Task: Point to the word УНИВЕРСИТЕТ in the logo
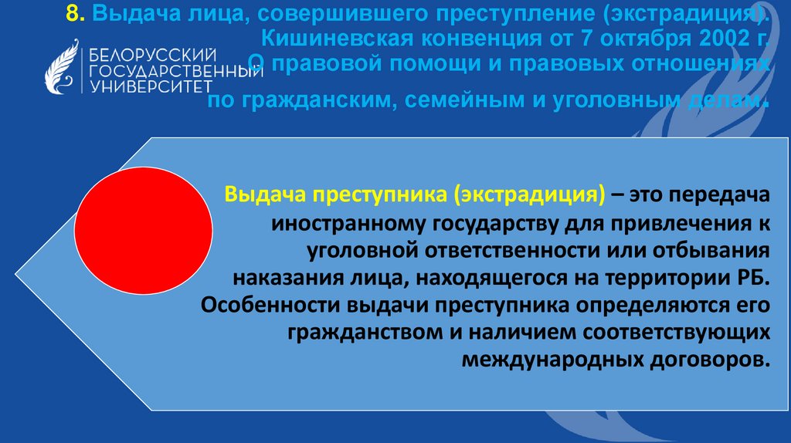146,86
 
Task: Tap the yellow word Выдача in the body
263,194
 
